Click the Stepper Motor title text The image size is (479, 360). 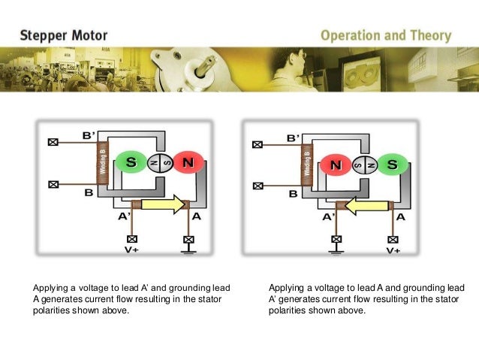pyautogui.click(x=64, y=35)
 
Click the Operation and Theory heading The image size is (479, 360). pyautogui.click(x=386, y=35)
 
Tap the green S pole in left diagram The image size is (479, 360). pyautogui.click(x=131, y=162)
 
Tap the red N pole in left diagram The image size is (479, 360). pyautogui.click(x=188, y=162)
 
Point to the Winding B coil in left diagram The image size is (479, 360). pyautogui.click(x=104, y=162)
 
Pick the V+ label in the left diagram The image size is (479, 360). pyautogui.click(x=131, y=252)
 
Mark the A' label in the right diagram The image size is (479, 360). pyautogui.click(x=330, y=217)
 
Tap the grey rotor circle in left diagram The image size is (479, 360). pyautogui.click(x=160, y=162)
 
